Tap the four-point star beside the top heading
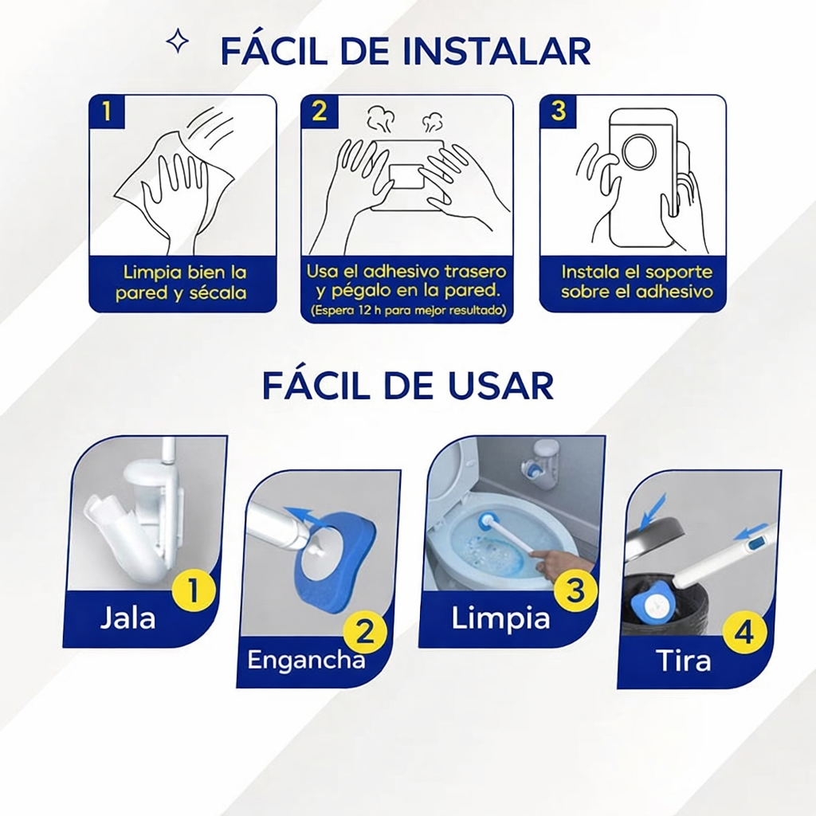coord(178,41)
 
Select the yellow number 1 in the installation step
coord(107,112)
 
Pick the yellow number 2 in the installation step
coord(319,112)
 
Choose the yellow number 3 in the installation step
coord(558,112)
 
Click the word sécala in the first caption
coord(218,292)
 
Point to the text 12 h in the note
coord(361,311)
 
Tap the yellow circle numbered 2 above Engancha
coord(365,632)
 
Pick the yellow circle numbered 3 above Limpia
coord(575,590)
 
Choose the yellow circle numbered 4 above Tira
coord(745,634)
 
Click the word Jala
coord(127,618)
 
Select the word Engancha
coord(306,661)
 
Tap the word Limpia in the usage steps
coord(500,619)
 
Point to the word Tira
coord(683,661)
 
